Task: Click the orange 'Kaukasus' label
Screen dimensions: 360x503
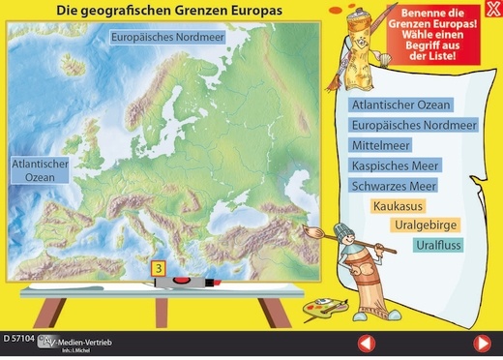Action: coord(397,206)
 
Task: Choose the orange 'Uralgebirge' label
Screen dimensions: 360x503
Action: coord(426,225)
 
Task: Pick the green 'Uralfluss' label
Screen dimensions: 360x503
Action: coord(438,246)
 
